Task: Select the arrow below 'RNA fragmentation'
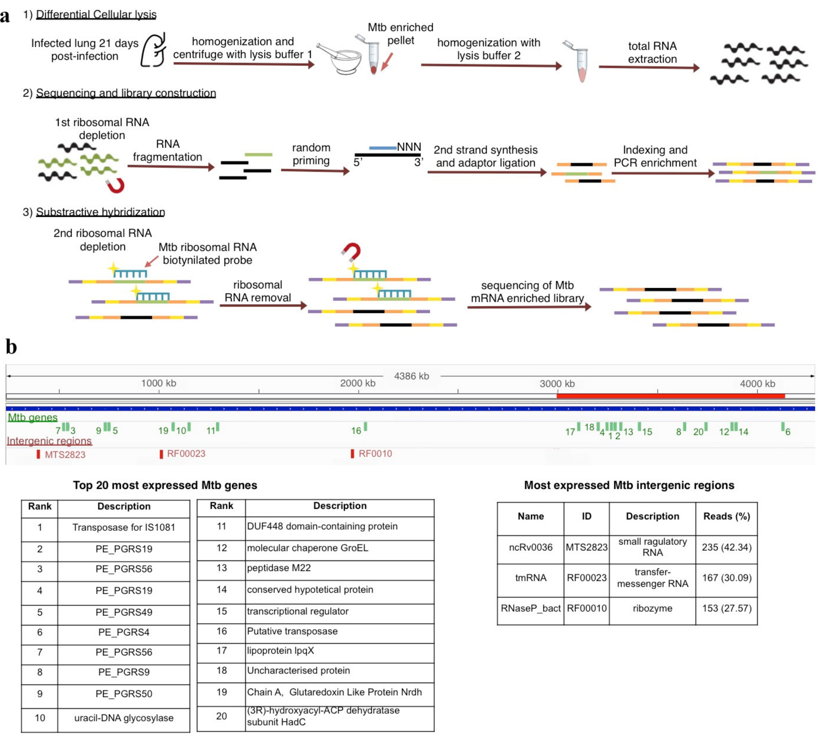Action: coord(170,166)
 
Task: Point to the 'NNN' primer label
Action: coord(409,147)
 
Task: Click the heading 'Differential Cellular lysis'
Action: coord(96,15)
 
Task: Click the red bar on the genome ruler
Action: coord(670,396)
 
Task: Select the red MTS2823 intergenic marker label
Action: coord(65,454)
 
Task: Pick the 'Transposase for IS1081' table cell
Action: coord(123,527)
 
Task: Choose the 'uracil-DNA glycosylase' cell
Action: coord(123,718)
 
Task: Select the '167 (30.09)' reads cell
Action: coord(726,578)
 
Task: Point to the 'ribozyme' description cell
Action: coord(652,608)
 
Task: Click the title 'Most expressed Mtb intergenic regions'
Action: coord(629,485)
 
